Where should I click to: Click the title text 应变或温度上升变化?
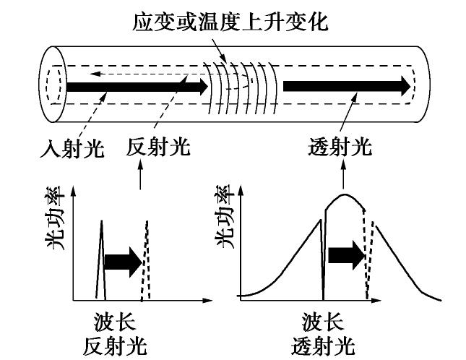tap(230, 22)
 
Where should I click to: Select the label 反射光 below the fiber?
tap(158, 148)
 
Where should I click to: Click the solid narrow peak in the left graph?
tap(102, 260)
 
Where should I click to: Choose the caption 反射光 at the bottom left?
tap(116, 346)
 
